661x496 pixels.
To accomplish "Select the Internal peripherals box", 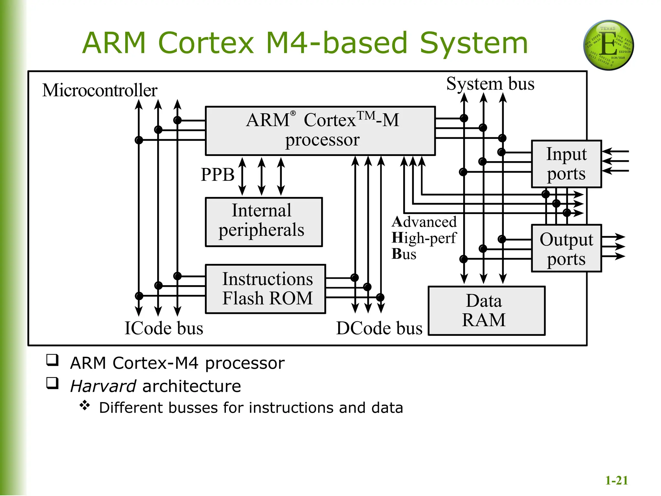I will (264, 222).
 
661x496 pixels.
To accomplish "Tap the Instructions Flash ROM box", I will (265, 289).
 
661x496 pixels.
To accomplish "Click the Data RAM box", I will (486, 311).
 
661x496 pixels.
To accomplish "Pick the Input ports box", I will (566, 164).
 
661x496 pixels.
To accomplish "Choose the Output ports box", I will (566, 248).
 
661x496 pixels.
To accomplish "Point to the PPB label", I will (218, 175).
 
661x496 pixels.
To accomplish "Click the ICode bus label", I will (164, 328).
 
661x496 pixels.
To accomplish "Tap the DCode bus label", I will (379, 328).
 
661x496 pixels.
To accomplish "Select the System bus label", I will (490, 84).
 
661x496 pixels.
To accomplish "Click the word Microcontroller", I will (100, 90).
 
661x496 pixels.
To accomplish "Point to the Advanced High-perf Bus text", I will (424, 238).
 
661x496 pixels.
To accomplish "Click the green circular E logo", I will (608, 45).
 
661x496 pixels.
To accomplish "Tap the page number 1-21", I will (616, 480).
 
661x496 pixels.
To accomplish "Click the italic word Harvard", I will (103, 386).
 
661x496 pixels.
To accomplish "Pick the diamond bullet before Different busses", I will (85, 406).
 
